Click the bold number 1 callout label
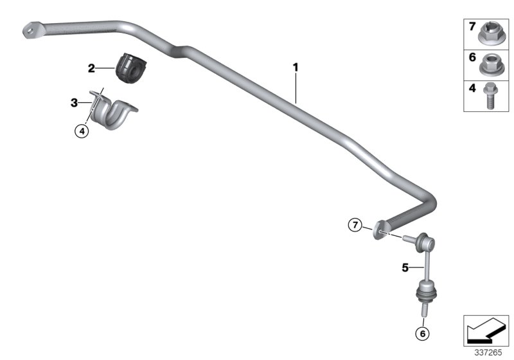click(296, 66)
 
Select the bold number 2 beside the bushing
click(92, 67)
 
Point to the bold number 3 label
click(74, 102)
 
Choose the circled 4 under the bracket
click(81, 132)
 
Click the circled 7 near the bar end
click(355, 226)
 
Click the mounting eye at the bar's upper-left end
click(30, 29)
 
